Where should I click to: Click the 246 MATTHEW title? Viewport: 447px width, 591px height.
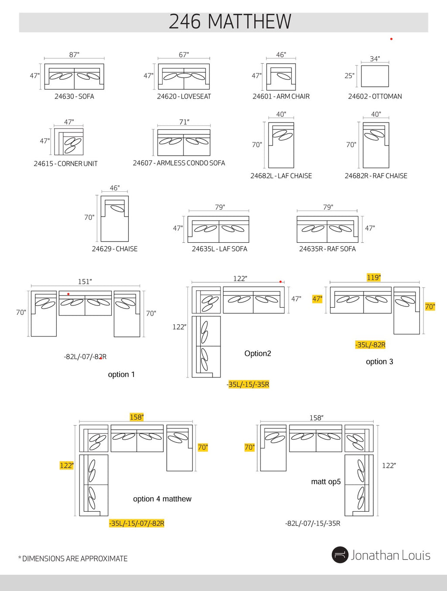230,21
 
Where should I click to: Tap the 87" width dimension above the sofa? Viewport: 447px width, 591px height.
74,55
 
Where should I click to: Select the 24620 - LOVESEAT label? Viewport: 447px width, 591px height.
184,96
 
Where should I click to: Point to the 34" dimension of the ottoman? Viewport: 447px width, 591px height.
375,59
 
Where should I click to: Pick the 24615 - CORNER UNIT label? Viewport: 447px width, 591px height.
65,164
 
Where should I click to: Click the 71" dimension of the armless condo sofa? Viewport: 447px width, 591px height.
184,122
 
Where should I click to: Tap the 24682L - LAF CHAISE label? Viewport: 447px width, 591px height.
281,176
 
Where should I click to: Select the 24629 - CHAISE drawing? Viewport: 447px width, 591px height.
114,219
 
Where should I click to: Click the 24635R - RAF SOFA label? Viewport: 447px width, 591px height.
327,249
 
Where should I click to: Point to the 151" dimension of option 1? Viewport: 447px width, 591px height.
85,282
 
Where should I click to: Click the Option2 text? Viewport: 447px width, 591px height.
258,353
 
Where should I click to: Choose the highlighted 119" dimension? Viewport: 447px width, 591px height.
374,277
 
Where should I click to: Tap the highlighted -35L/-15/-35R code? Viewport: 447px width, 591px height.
248,384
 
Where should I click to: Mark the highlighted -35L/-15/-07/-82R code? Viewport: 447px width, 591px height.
137,523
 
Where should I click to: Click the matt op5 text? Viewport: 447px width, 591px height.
326,482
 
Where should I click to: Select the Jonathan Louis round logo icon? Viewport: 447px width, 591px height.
340,555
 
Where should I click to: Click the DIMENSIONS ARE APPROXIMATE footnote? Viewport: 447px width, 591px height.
73,559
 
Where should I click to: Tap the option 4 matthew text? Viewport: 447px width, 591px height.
162,499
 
